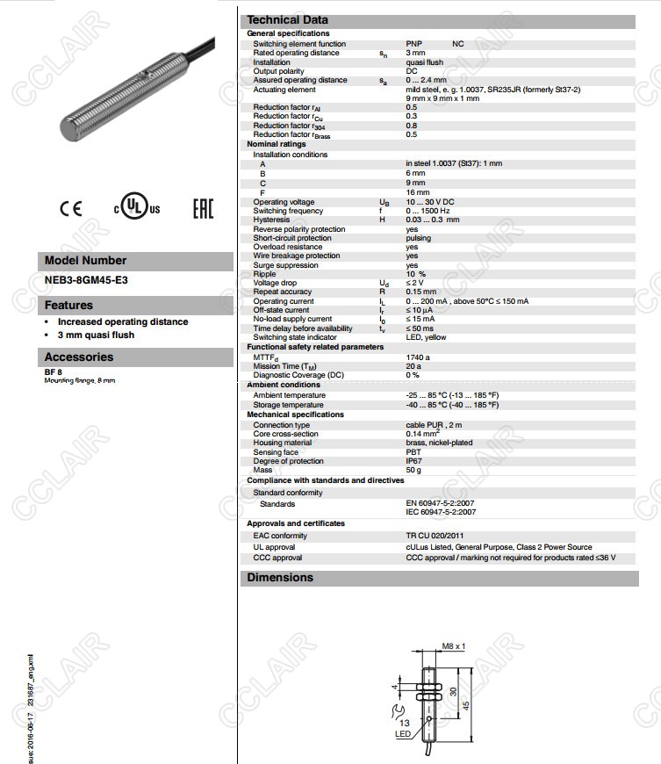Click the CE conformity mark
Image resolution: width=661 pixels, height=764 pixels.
pos(70,208)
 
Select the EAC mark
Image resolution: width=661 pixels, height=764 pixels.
pos(203,208)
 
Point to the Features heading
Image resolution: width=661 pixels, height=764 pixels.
pos(68,306)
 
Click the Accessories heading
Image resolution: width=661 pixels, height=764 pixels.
pos(79,357)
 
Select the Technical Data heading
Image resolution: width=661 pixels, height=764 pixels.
pos(287,20)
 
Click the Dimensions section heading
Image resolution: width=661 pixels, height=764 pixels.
pos(280,577)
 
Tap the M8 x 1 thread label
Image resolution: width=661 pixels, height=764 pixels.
pos(453,645)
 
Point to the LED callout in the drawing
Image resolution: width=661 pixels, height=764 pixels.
pos(403,734)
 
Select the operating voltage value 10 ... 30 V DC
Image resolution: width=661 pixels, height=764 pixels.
pos(429,202)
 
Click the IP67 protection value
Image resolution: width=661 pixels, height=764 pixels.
pos(414,461)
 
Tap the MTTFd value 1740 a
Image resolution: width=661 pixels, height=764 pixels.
pos(418,357)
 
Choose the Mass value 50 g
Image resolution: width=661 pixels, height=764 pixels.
pos(413,470)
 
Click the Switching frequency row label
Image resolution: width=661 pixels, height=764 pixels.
pos(288,211)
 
